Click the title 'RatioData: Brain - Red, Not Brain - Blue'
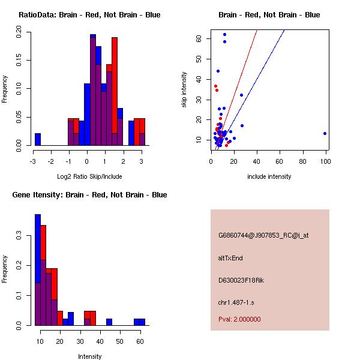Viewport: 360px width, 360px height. click(x=89, y=14)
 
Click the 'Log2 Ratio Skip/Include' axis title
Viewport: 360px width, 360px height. click(x=89, y=176)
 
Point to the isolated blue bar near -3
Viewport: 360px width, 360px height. click(x=38, y=139)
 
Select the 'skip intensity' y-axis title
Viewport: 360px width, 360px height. click(x=184, y=90)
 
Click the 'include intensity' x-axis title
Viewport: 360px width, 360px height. click(x=269, y=176)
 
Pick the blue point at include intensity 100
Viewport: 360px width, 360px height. click(x=325, y=133)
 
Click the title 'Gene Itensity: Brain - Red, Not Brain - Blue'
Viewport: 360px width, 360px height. click(x=89, y=194)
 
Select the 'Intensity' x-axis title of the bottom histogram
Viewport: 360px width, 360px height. click(x=90, y=356)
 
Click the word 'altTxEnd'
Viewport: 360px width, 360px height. click(x=230, y=258)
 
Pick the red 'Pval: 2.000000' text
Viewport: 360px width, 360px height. click(x=239, y=319)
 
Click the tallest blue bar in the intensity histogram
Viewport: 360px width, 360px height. click(x=38, y=270)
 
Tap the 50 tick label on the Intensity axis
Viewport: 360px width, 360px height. click(x=120, y=341)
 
